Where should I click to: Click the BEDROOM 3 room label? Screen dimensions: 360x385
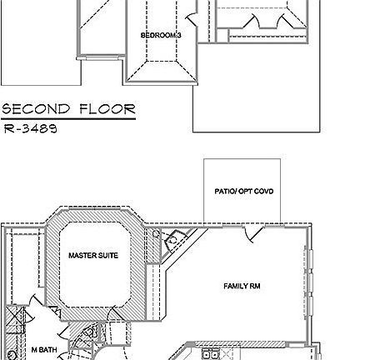pyautogui.click(x=160, y=35)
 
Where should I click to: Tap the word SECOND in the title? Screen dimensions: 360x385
pyautogui.click(x=34, y=110)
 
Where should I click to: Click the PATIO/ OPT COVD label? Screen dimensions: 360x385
pyautogui.click(x=243, y=191)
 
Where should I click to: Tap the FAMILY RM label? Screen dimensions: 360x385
pyautogui.click(x=242, y=286)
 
